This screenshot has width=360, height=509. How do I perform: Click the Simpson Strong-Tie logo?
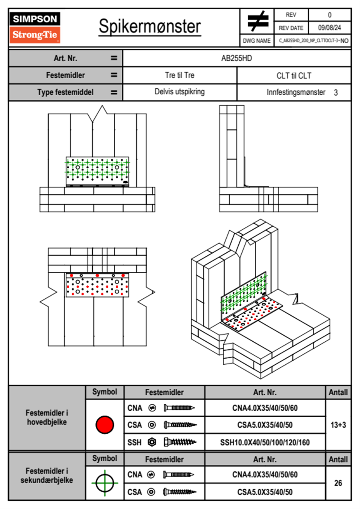35,28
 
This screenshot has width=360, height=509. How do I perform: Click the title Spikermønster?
149,26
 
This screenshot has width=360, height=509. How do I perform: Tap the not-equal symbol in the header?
257,21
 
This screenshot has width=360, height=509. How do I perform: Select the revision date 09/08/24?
329,28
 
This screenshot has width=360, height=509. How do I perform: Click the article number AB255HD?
236,58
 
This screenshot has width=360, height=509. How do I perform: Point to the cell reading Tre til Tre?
179,75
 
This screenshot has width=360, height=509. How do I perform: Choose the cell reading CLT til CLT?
293,76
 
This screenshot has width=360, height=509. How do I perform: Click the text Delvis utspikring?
179,92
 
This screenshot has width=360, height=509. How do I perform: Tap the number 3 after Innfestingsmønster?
335,93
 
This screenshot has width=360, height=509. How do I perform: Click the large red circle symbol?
105,425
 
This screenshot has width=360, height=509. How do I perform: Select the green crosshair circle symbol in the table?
105,483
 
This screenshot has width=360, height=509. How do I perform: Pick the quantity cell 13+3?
338,425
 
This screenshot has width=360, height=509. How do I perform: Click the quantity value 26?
338,483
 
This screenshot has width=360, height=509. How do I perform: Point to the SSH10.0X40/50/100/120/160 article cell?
265,442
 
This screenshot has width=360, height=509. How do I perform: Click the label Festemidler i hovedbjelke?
47,417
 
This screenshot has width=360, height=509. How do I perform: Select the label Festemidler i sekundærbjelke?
47,475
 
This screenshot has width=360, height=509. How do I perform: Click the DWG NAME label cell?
257,41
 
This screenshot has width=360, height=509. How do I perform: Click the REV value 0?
329,15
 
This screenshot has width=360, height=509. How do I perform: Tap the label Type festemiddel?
65,92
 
